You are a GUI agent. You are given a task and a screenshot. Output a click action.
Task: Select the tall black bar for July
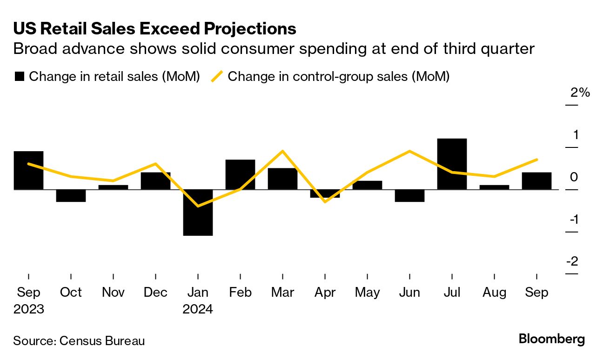(x=452, y=164)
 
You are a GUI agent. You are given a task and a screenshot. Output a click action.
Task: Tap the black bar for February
(x=240, y=174)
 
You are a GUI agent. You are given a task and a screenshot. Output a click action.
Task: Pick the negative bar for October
(x=71, y=195)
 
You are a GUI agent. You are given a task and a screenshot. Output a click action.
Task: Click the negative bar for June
(x=409, y=195)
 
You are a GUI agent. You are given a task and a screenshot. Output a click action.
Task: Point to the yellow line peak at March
(x=282, y=151)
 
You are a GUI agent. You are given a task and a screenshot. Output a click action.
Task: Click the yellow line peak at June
(x=409, y=151)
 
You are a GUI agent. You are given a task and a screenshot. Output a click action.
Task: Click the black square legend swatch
(x=19, y=77)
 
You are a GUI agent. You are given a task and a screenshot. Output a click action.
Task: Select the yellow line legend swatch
(x=217, y=76)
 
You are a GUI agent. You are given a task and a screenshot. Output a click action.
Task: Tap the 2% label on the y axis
(x=580, y=93)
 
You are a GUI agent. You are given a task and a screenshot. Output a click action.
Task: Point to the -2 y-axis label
(x=572, y=261)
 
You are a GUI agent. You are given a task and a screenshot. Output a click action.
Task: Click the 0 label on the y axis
(x=574, y=177)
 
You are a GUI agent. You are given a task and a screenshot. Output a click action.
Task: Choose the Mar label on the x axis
(x=282, y=292)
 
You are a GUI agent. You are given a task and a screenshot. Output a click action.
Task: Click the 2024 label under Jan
(x=198, y=309)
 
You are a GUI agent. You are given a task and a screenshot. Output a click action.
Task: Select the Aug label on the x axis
(x=494, y=292)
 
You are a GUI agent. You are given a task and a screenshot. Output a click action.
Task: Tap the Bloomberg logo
(x=552, y=339)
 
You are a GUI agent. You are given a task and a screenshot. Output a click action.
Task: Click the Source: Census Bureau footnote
(x=79, y=340)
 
